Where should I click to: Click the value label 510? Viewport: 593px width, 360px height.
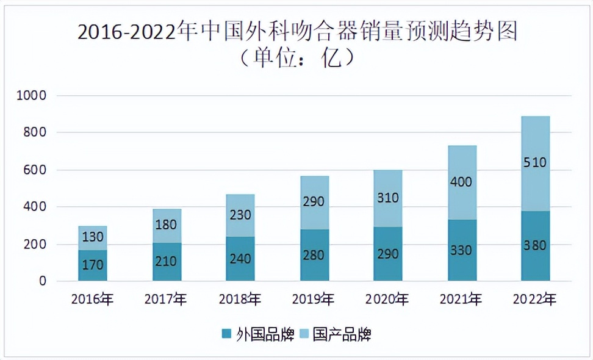(535, 163)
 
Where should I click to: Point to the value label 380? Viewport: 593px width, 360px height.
(535, 246)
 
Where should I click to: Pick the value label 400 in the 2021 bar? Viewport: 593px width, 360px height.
(461, 182)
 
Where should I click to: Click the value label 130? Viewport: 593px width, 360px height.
(93, 237)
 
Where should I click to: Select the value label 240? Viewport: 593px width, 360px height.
(240, 257)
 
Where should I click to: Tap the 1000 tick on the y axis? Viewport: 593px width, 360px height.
(34, 96)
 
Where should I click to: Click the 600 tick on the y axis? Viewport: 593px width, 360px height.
(37, 170)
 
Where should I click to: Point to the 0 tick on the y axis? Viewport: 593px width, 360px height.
(43, 281)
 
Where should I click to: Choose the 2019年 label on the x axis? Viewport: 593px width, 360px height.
(314, 300)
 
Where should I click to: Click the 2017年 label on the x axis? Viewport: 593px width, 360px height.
(166, 300)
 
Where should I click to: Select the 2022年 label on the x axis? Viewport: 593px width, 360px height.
(535, 300)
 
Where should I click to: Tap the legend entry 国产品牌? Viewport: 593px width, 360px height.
(342, 334)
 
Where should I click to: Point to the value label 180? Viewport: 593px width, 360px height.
(166, 226)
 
